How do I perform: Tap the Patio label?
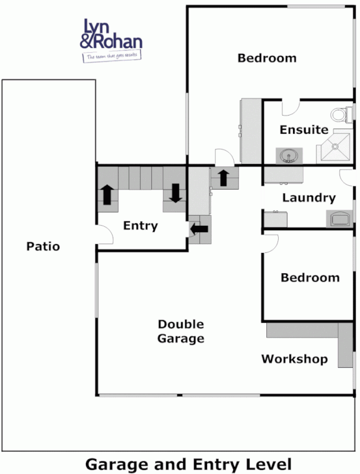43,246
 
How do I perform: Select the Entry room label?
141,225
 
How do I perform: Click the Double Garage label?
181,331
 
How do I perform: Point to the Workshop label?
294,358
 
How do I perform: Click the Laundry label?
308,198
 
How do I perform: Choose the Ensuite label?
304,129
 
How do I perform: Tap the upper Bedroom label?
267,58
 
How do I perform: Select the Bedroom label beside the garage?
310,277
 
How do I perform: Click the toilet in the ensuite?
340,113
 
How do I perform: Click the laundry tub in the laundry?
339,219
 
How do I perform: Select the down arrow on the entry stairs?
176,193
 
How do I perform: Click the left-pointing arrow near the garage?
200,228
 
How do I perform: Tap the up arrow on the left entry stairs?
107,194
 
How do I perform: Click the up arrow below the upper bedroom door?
224,177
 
